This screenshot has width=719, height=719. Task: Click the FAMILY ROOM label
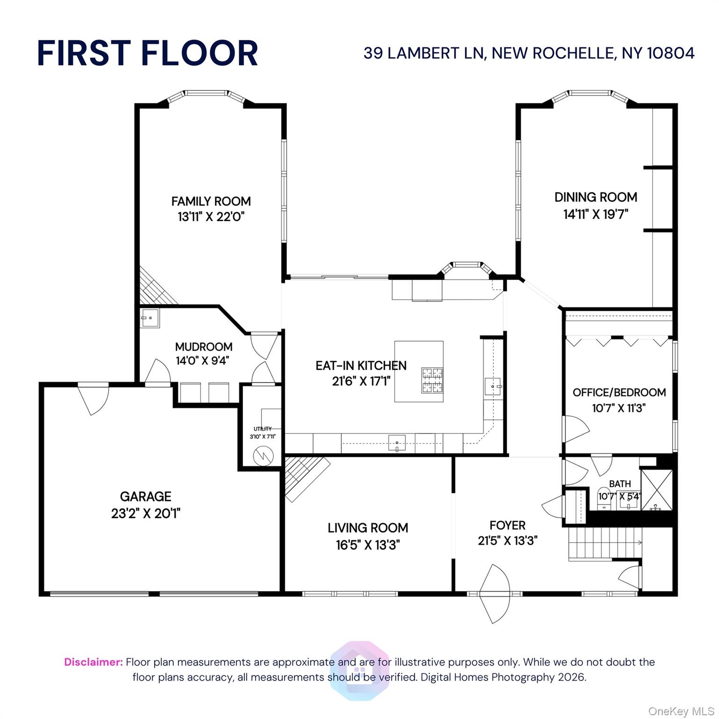[211, 201]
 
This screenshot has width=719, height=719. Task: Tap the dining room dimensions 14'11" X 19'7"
[595, 214]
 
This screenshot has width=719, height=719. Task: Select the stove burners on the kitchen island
[432, 380]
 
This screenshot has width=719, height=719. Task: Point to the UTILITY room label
[262, 429]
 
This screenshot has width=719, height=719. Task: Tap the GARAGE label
[146, 496]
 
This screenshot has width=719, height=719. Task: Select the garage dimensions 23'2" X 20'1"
[146, 514]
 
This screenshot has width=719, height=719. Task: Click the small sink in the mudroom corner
[150, 318]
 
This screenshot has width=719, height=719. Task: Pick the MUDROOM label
[204, 347]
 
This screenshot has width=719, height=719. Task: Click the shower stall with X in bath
[656, 489]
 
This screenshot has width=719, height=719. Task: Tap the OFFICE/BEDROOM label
[619, 392]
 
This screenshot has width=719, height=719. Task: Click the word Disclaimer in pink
[93, 662]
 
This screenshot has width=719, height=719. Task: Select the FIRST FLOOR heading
[147, 53]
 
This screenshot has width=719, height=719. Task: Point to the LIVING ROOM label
[367, 528]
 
